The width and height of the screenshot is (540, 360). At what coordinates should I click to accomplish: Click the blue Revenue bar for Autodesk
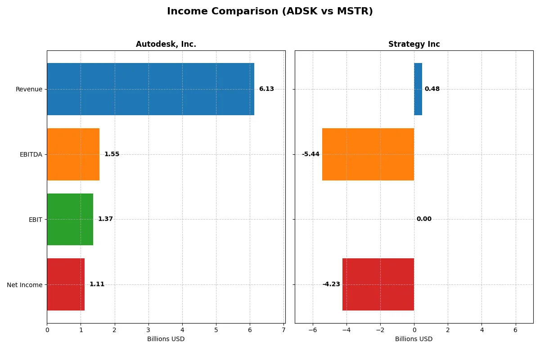coord(150,89)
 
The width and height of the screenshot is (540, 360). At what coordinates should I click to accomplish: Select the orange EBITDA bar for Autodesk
coord(73,154)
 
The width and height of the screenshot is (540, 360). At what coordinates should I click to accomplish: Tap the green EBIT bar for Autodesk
coord(70,219)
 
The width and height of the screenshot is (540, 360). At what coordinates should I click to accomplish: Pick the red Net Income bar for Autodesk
coord(66,284)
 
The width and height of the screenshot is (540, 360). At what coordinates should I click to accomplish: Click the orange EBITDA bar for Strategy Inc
coord(368,154)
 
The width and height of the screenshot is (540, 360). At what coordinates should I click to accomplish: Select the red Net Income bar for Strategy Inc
coord(378,284)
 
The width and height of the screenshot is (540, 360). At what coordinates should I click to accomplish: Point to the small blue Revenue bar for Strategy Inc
coord(418,89)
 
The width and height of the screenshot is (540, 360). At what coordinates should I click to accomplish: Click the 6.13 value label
coord(266,89)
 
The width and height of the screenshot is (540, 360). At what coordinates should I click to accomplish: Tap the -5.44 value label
coord(310,154)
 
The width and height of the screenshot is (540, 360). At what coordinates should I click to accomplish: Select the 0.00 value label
coord(424,219)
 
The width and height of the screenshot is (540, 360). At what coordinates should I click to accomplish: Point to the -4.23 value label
coord(331,284)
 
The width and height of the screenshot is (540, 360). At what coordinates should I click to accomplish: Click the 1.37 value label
coord(105,219)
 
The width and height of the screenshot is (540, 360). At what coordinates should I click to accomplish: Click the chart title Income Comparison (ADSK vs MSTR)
coord(270,12)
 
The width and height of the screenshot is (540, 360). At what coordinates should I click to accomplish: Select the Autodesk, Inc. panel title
coord(166,45)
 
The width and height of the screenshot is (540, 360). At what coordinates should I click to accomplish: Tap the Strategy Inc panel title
coord(414,45)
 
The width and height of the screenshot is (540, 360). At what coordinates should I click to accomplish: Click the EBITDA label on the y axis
coord(31,154)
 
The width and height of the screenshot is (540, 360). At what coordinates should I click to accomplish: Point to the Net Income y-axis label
coord(25,284)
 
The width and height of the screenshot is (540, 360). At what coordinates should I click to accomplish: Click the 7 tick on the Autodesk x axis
coord(283,330)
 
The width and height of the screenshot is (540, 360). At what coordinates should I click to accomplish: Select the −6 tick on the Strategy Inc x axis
coord(312,330)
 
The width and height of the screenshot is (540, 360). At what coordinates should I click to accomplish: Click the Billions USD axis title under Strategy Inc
coord(414,339)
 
